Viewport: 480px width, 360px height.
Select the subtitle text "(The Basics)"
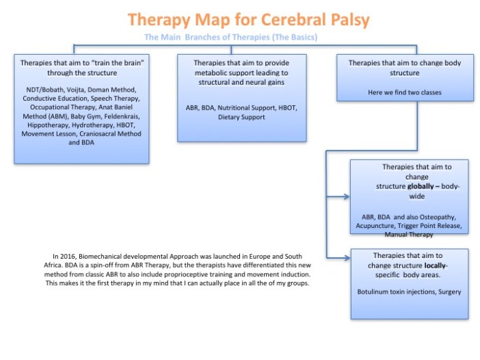click(x=293, y=36)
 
